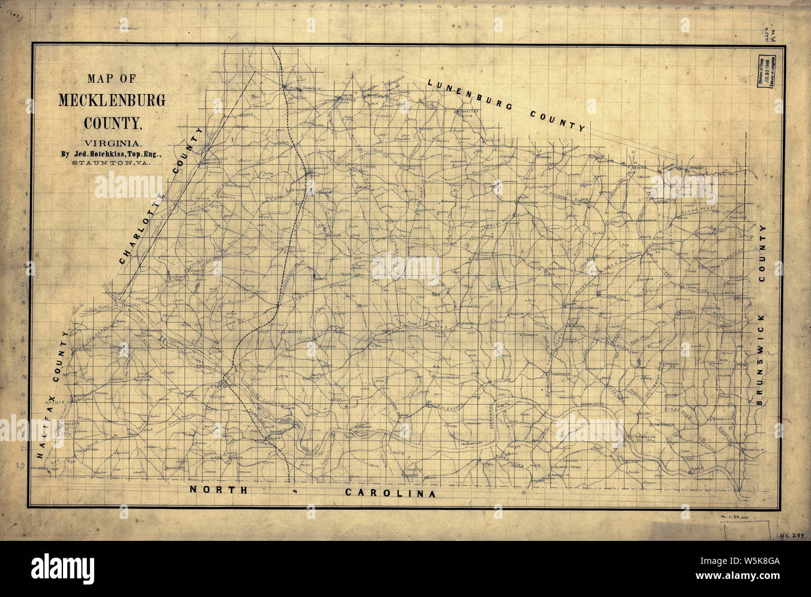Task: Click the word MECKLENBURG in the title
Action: point(112,100)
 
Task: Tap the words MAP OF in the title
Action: point(111,79)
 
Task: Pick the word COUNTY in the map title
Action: point(112,119)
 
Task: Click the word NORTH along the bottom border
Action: point(219,490)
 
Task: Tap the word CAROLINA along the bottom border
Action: point(390,493)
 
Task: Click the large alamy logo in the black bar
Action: point(63,568)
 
